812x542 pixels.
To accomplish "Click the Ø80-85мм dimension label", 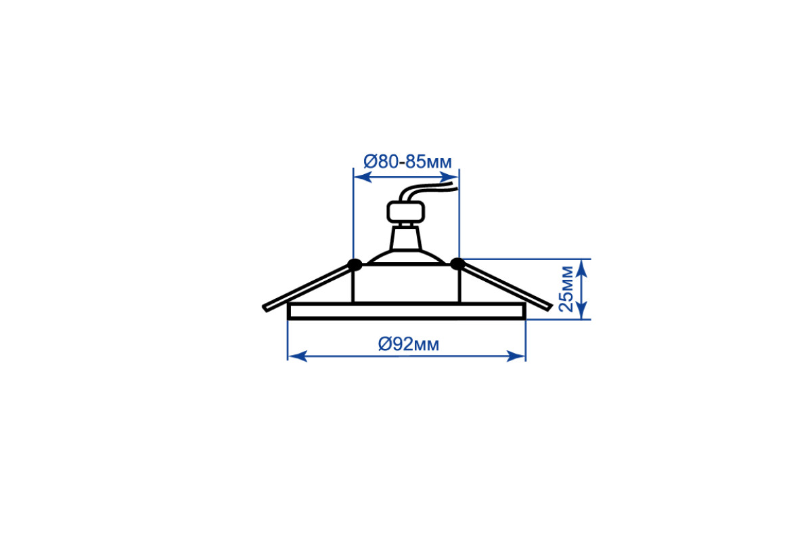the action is point(407,162).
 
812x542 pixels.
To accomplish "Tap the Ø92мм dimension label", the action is point(409,344).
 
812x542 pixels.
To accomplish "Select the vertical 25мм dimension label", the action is point(566,289).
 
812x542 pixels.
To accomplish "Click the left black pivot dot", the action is point(355,265).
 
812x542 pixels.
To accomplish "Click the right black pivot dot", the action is point(457,264).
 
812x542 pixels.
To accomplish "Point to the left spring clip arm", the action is point(307,287).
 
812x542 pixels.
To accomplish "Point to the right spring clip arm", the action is point(505,287).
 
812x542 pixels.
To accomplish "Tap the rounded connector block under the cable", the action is point(405,211).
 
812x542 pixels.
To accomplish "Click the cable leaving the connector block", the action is point(428,192).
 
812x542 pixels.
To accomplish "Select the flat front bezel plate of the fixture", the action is point(407,311).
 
